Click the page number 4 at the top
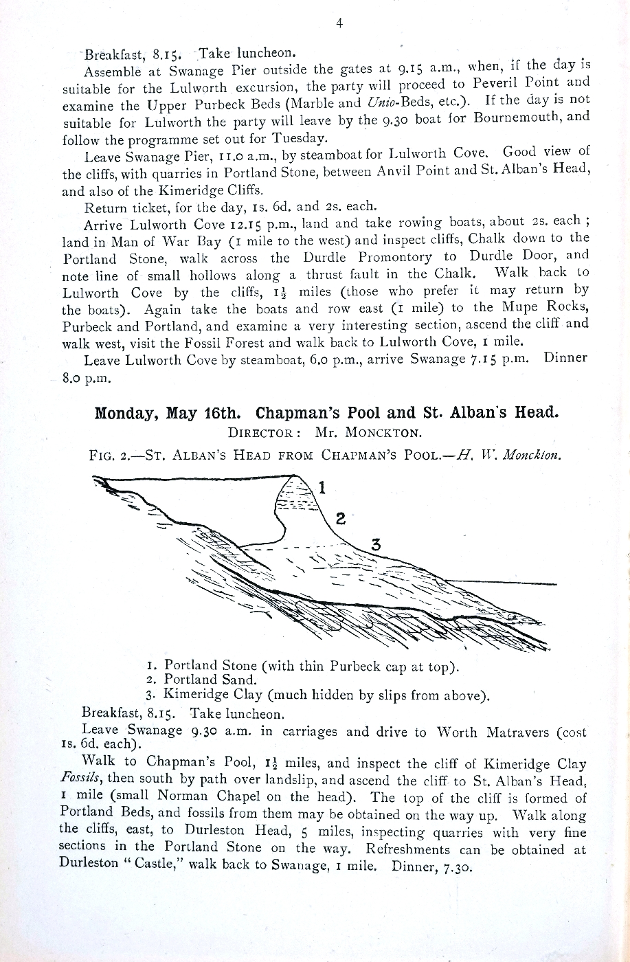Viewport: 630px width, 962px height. point(339,23)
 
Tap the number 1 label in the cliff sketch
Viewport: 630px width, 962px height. point(323,487)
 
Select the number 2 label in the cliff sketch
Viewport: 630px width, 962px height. point(339,517)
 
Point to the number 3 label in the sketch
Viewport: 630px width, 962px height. point(375,544)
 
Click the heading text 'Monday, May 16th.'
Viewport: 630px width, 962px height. point(168,413)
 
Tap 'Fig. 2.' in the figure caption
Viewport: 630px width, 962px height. point(107,455)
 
